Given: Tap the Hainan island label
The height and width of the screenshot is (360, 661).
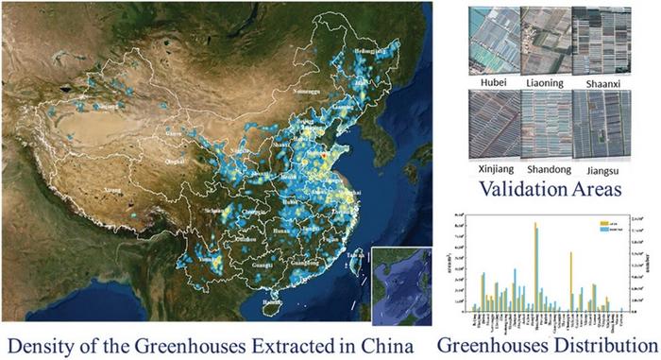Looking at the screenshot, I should pyautogui.click(x=272, y=304).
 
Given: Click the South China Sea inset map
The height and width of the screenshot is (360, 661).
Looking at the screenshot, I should pyautogui.click(x=402, y=283).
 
